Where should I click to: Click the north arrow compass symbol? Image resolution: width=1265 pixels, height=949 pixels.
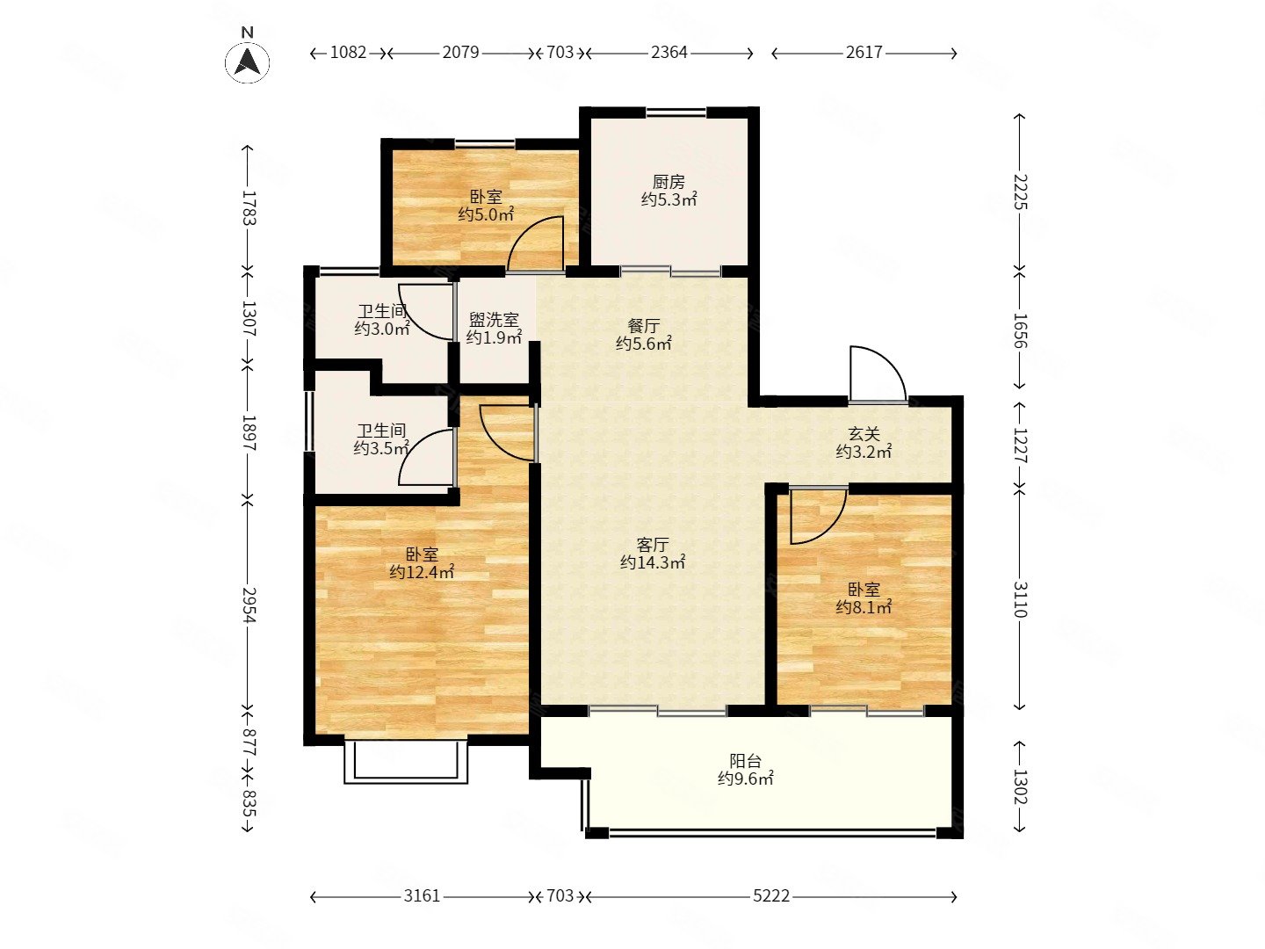click(247, 62)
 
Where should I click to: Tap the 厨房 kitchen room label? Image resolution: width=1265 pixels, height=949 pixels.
click(669, 182)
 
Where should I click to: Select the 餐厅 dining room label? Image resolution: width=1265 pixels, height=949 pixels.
click(643, 326)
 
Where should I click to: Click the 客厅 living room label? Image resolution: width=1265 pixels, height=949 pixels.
click(653, 545)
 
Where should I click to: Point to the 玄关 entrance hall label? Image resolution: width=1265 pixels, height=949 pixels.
click(864, 433)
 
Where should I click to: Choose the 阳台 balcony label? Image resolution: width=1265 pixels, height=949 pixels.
click(745, 761)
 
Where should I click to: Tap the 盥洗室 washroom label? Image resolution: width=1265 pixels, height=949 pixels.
click(494, 320)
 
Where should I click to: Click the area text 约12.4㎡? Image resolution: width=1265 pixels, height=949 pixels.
click(422, 573)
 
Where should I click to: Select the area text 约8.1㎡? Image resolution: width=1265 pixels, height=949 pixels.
click(864, 607)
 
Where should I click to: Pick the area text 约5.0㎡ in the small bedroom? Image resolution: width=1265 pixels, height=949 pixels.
click(486, 215)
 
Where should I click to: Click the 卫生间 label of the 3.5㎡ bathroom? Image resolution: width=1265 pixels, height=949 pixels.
click(381, 431)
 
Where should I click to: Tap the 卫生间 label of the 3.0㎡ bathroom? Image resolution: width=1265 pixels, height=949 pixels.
click(383, 312)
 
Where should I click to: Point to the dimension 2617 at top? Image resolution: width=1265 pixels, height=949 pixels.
click(864, 53)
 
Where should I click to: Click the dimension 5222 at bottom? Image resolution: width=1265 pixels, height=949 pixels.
click(771, 895)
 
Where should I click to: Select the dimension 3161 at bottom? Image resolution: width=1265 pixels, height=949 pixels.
click(422, 895)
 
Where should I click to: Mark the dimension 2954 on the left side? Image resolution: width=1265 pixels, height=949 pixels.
click(249, 605)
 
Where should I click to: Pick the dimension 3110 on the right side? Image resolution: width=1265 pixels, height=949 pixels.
click(1020, 599)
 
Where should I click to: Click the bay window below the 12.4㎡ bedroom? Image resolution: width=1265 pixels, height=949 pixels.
click(406, 762)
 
